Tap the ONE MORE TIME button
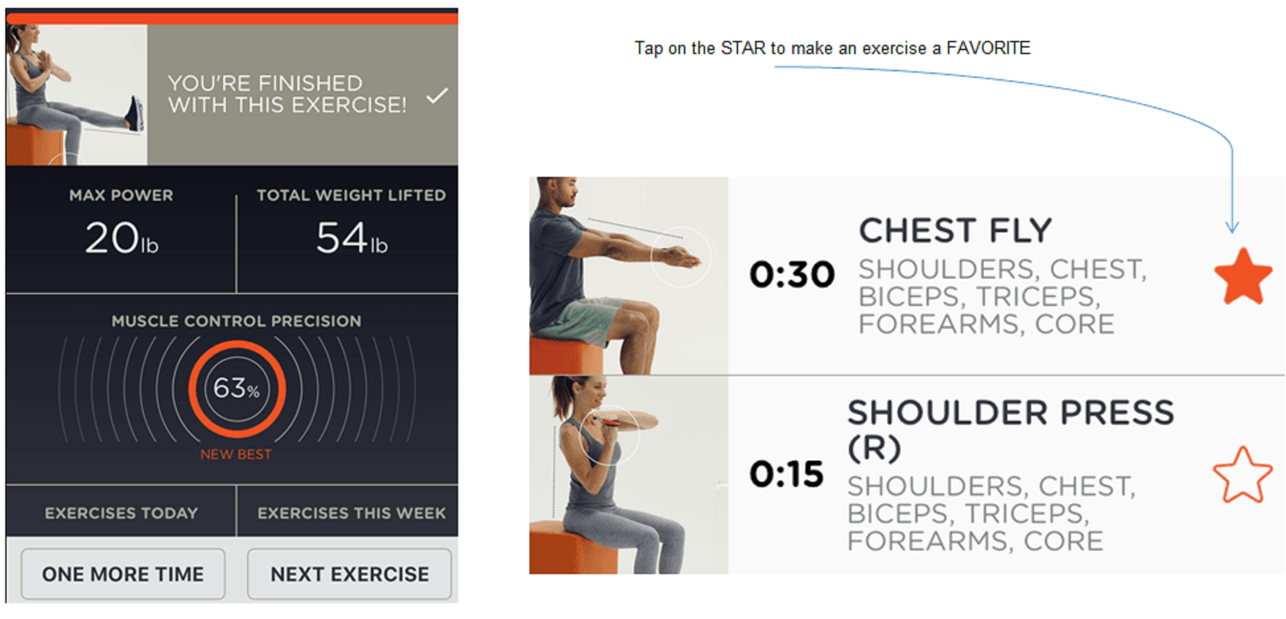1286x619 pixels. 123,573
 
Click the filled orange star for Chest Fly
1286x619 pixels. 1243,277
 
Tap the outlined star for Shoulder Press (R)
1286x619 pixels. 1242,475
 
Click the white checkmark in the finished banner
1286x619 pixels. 437,96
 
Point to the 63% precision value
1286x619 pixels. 236,388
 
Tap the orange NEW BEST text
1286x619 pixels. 236,454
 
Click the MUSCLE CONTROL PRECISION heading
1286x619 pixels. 236,321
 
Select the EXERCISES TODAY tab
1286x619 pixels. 121,513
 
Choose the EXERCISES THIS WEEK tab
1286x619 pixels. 351,513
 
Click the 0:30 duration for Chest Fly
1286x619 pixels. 792,275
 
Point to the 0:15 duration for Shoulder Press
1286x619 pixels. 786,474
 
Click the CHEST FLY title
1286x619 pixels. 955,231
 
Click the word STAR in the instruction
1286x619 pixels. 743,48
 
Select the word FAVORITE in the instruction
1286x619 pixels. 988,48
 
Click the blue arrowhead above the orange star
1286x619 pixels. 1232,228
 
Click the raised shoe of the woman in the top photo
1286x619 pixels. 135,114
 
